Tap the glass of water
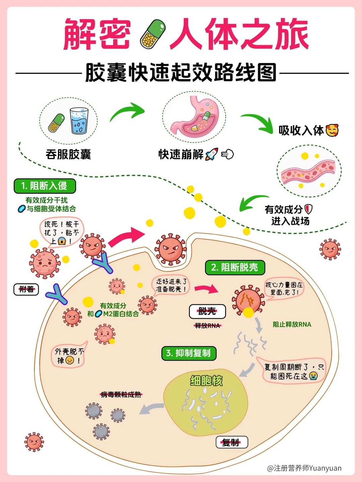coord(79,120)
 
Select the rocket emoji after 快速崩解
coord(212,154)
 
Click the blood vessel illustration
coord(308,172)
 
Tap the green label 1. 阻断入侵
coord(45,186)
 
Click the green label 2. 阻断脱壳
coord(235,267)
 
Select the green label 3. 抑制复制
coord(189,353)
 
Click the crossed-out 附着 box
coord(26,289)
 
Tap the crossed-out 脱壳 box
coord(207,311)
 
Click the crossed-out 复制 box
coord(231,442)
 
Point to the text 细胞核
coord(206,381)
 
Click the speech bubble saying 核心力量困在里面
coord(284,288)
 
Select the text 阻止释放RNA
coord(292,324)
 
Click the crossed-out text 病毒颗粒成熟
coord(121,395)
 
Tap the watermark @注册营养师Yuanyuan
coord(304,468)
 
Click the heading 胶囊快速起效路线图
coord(181,72)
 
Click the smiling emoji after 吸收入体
coord(332,130)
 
